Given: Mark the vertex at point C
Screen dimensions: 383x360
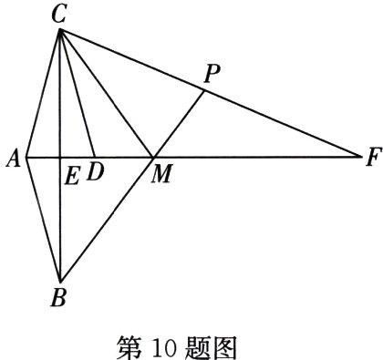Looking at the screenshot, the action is click(60, 30).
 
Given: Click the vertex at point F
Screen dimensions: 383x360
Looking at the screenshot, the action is click(361, 157).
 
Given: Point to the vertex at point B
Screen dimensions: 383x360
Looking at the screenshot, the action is click(60, 281).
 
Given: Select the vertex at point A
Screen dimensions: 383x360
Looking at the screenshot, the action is click(26, 157).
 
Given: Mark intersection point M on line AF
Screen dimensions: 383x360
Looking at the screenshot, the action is click(152, 157).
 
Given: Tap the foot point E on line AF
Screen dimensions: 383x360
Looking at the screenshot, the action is click(60, 157).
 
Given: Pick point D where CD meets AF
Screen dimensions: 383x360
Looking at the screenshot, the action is click(94, 157).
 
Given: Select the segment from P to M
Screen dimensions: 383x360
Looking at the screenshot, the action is click(178, 123).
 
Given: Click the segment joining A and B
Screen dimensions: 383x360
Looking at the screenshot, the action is click(43, 219).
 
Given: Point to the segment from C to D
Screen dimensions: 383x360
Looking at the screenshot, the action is click(78, 94).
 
